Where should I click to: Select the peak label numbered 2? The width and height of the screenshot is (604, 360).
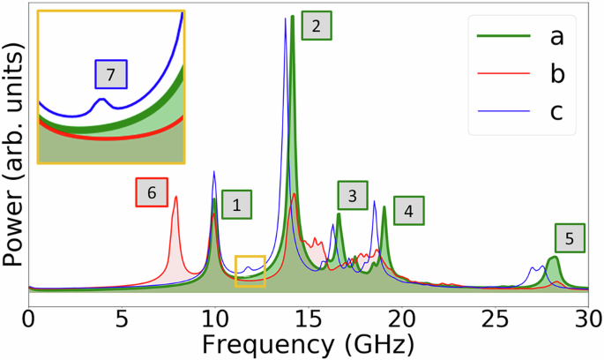coord(316,26)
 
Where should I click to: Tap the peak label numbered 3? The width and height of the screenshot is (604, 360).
coord(353,196)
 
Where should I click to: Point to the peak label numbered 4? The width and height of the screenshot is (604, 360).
coord(408,211)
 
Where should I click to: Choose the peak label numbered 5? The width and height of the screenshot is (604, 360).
coord(570,237)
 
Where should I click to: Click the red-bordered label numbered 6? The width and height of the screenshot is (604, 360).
coord(151,192)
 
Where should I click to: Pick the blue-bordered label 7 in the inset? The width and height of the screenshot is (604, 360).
coord(111,75)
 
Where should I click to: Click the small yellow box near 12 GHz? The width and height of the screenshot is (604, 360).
coord(250,270)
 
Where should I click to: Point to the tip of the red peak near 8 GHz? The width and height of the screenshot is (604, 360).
coord(175,197)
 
